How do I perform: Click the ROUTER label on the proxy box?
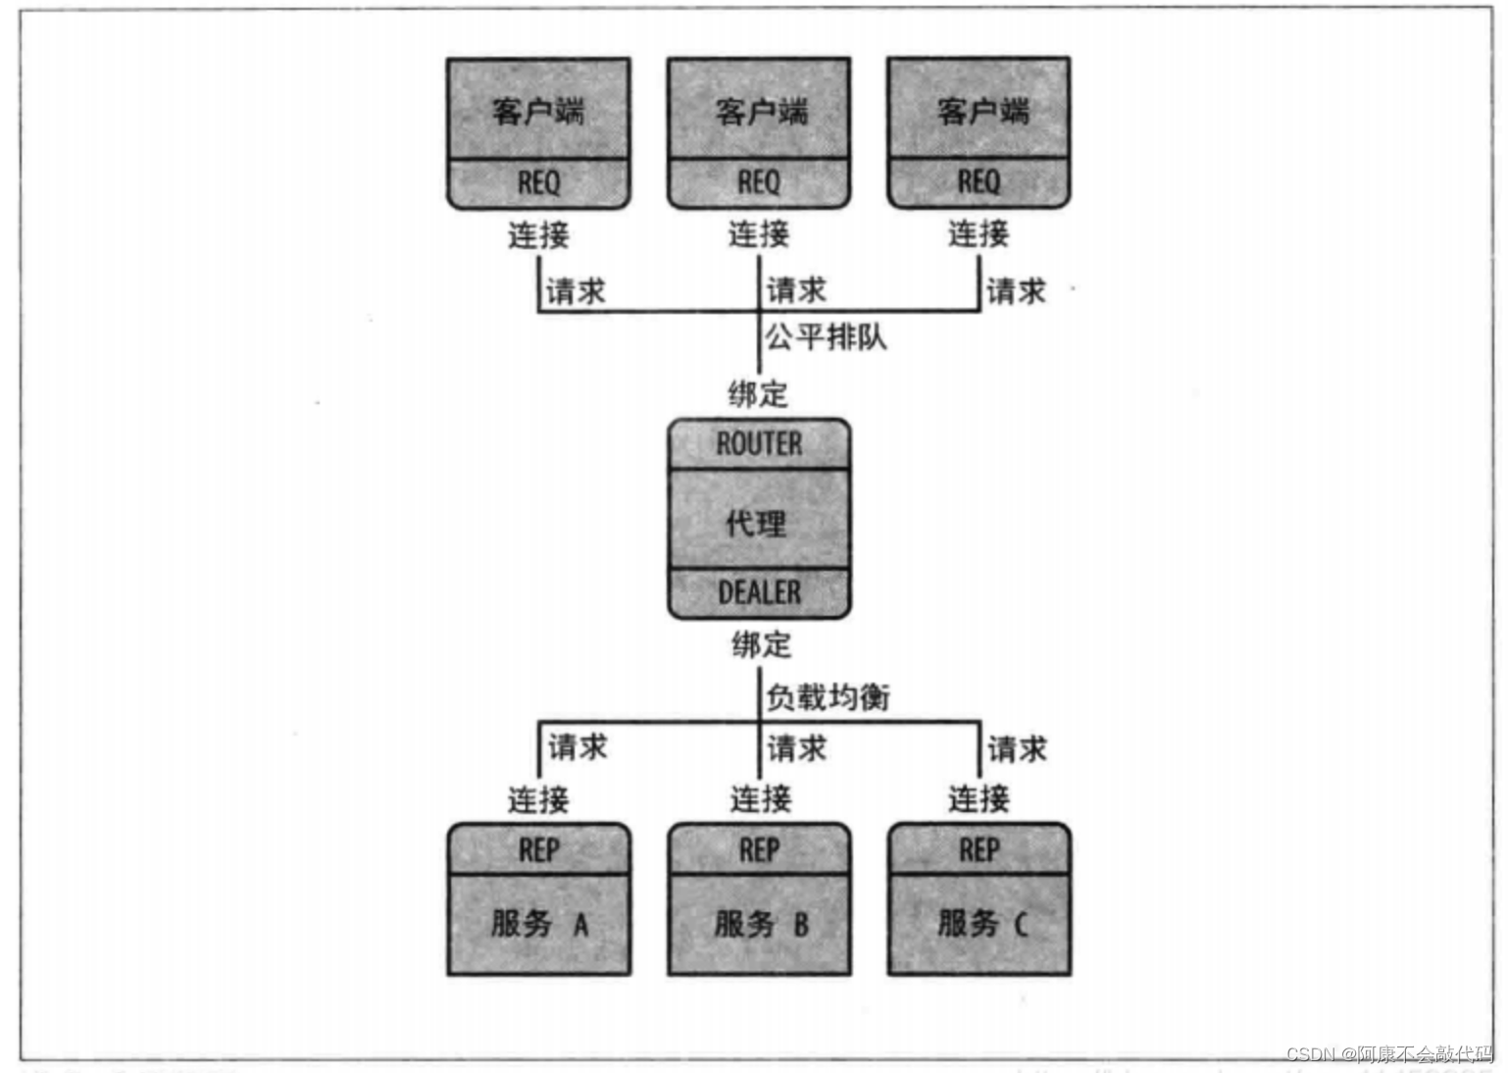[759, 444]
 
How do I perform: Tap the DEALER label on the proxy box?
[759, 592]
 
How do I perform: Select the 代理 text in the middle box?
[756, 523]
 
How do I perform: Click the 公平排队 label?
[826, 337]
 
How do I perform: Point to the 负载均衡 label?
[828, 697]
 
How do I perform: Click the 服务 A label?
[539, 923]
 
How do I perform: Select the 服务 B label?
[761, 923]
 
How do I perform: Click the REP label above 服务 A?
[539, 849]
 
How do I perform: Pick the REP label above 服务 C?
[980, 849]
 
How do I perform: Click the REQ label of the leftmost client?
[538, 182]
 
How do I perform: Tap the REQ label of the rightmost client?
[979, 181]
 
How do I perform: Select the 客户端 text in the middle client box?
[761, 112]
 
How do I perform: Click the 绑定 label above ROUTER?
[758, 394]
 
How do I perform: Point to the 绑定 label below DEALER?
[761, 644]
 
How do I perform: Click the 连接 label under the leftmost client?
[538, 234]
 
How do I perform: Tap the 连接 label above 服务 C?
[979, 798]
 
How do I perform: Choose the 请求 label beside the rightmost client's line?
[1016, 290]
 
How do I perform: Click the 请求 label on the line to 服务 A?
[578, 747]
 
